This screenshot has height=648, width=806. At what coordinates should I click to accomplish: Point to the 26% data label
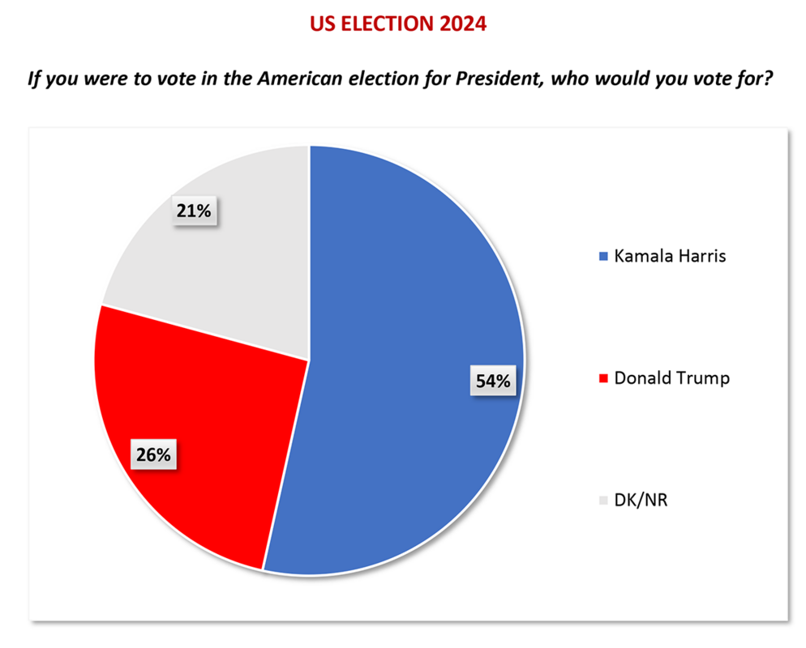click(x=153, y=454)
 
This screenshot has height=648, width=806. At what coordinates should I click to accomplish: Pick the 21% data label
click(x=193, y=211)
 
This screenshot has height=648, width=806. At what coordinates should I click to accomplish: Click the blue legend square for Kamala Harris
click(x=602, y=258)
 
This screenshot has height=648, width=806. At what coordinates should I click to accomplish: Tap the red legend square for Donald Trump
click(x=602, y=378)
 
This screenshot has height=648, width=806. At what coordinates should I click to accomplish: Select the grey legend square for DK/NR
click(x=602, y=501)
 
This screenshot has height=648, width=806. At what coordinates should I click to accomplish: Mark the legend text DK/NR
click(x=640, y=500)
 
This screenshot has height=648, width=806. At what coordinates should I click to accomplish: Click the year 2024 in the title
click(x=462, y=24)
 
